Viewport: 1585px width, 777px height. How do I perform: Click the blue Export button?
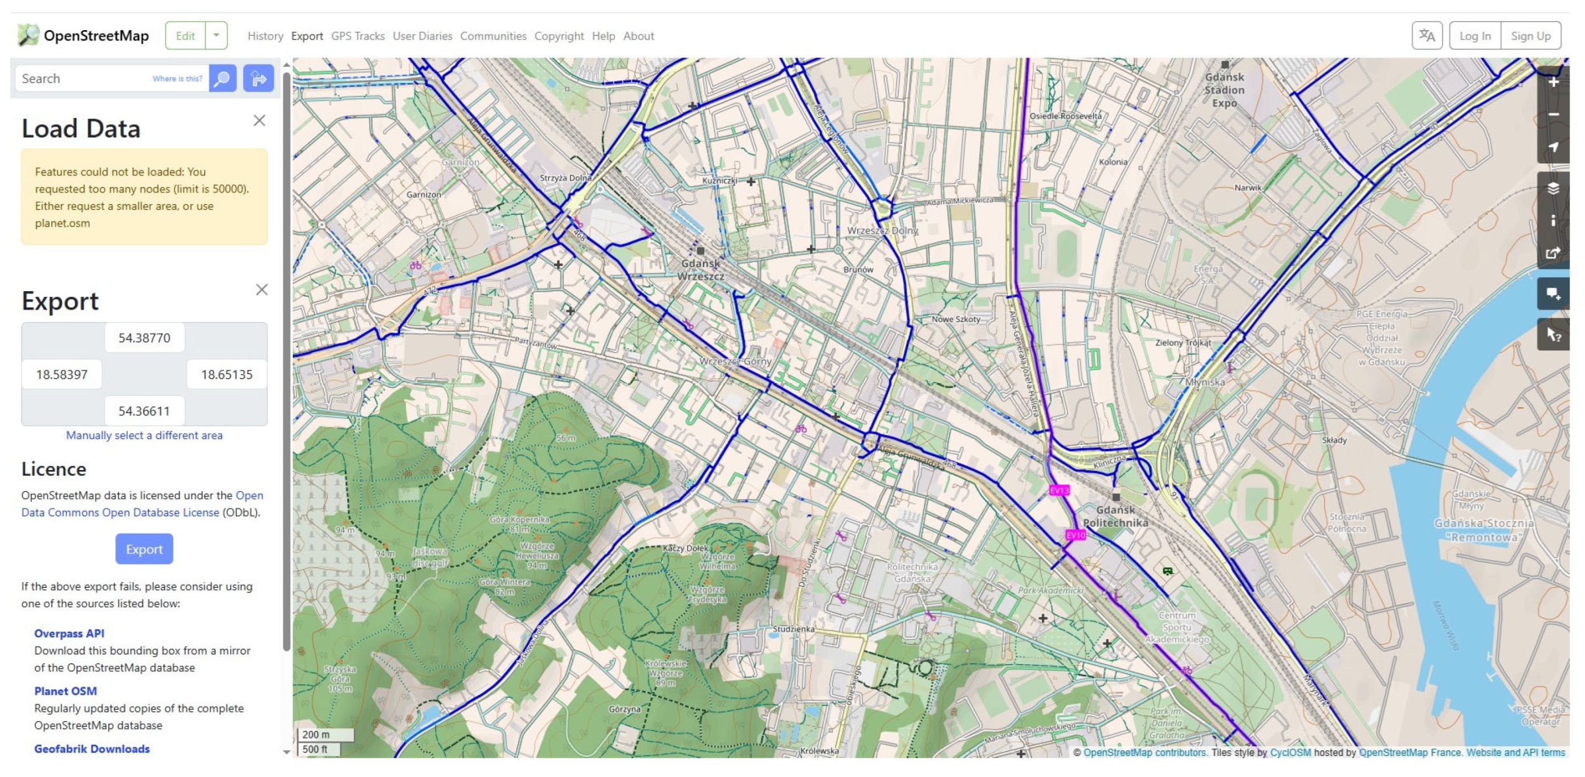coord(144,549)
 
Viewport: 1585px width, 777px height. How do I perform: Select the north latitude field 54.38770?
coord(144,338)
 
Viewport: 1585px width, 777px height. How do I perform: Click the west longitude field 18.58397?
coord(62,374)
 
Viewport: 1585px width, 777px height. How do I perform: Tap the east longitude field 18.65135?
coord(226,374)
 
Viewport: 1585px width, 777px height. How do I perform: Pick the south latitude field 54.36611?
coord(144,410)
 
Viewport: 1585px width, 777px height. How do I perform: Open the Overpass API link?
coord(69,633)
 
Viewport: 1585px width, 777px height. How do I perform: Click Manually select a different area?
coord(144,435)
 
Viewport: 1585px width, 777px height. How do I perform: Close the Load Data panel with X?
coord(259,121)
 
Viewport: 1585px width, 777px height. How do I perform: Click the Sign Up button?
coord(1530,36)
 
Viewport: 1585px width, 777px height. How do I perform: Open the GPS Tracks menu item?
coord(357,36)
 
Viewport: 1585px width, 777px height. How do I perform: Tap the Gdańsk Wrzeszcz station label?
coord(700,269)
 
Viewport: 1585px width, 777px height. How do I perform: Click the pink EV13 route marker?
coord(1059,490)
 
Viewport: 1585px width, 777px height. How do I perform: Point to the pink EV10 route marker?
coord(1075,534)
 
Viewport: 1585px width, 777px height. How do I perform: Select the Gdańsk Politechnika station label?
coord(1115,516)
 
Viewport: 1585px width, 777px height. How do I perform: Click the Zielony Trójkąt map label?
coord(1183,343)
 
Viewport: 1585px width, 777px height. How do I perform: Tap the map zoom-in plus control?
coord(1553,83)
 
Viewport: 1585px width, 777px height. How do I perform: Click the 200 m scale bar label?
coord(316,734)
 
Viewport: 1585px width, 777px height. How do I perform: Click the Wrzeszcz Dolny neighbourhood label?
coord(882,230)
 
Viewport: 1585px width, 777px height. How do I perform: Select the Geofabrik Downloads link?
coord(92,749)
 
